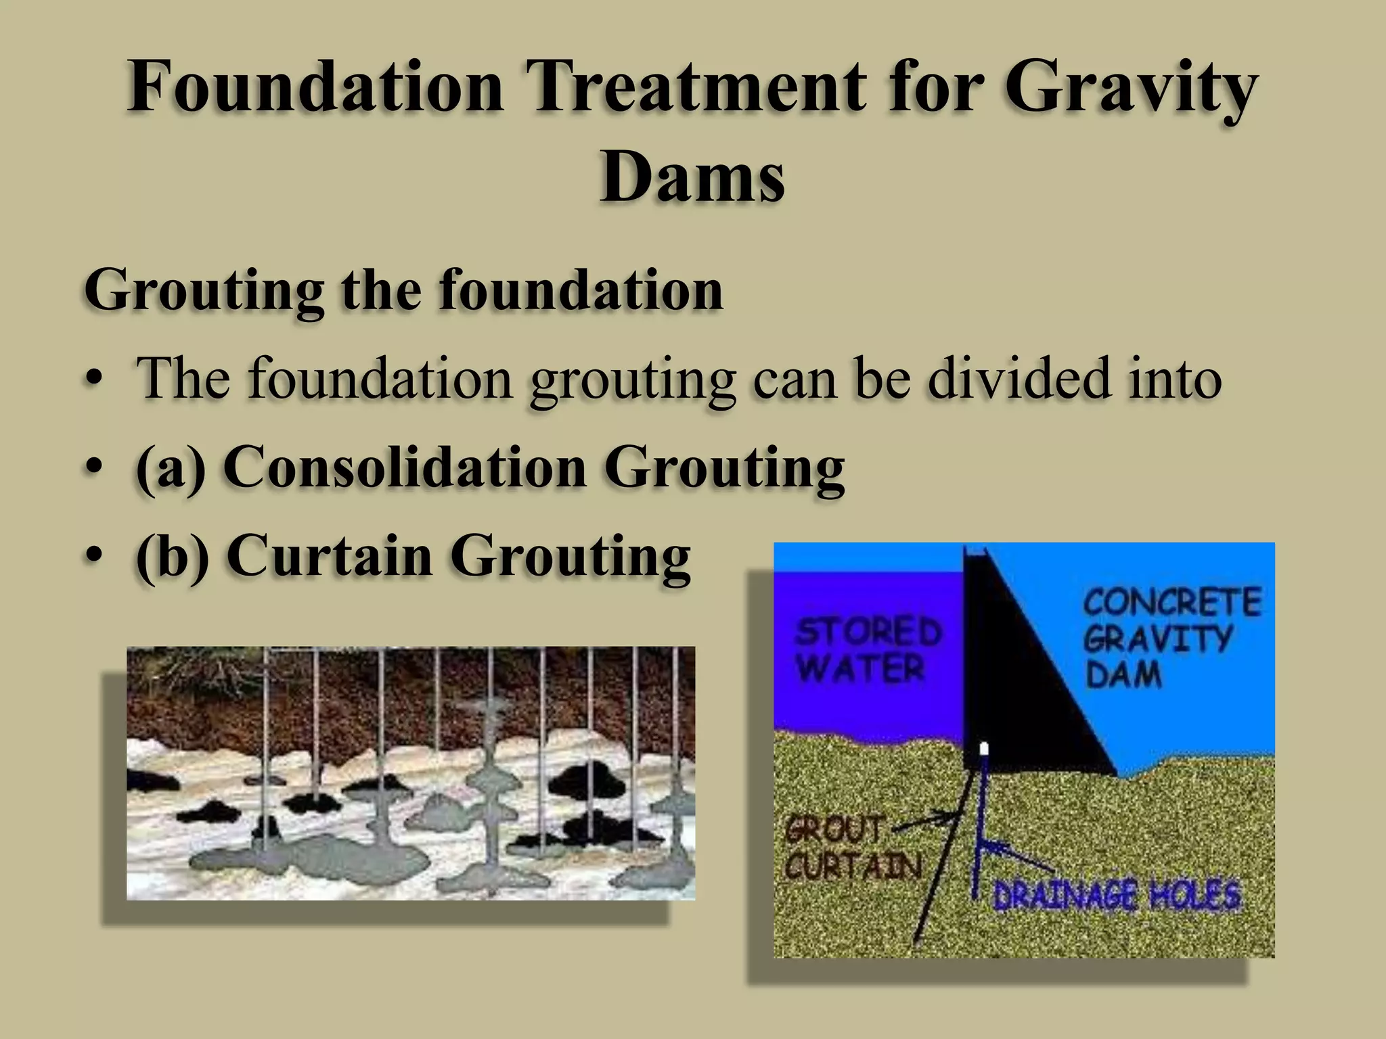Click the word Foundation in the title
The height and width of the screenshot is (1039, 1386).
tap(315, 88)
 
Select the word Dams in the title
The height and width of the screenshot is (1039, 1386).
tap(692, 177)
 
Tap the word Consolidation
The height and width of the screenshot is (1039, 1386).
tap(405, 467)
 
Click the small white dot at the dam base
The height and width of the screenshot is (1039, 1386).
tap(985, 748)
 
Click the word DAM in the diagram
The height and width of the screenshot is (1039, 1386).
tap(1123, 674)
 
